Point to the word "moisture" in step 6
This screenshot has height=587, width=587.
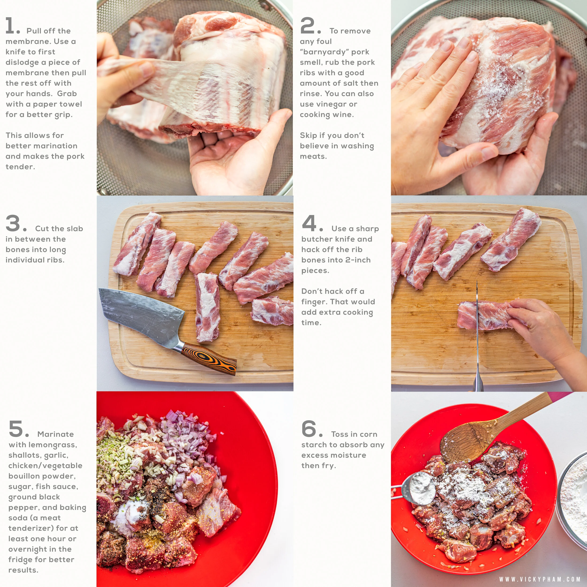349,455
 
